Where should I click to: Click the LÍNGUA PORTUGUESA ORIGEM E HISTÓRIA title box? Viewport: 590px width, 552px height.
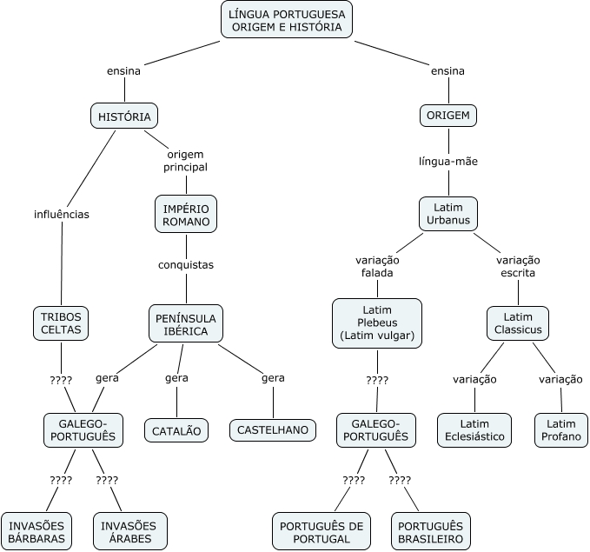coord(287,20)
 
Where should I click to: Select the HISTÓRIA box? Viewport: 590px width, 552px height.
coord(124,116)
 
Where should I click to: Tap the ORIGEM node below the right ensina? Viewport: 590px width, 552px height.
coord(448,116)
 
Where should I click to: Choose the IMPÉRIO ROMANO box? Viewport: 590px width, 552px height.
coord(186,214)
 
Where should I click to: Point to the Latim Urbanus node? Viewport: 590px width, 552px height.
coord(448,214)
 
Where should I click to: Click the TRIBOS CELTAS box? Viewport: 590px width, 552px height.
coord(61,323)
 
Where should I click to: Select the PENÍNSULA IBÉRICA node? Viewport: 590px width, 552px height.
coord(186,324)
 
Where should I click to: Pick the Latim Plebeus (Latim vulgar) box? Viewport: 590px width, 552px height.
coord(377,323)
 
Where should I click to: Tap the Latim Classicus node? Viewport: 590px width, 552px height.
coord(518,323)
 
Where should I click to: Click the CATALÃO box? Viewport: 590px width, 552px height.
coord(176,430)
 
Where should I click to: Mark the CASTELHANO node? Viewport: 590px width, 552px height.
coord(273,430)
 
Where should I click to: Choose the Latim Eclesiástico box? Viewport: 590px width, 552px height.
coord(474,430)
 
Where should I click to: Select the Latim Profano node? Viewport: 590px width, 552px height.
coord(561,430)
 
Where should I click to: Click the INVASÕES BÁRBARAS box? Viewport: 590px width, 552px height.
coord(36,531)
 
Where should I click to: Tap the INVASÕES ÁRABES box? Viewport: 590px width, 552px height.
coord(130,531)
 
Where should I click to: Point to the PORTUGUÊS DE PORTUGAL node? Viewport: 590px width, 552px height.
coord(322,531)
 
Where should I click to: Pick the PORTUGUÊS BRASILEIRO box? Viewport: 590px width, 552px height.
coord(430,531)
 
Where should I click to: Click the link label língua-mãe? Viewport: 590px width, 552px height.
coord(448,162)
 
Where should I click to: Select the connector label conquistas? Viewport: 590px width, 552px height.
coord(186,265)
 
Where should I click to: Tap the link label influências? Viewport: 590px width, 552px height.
coord(62,215)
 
